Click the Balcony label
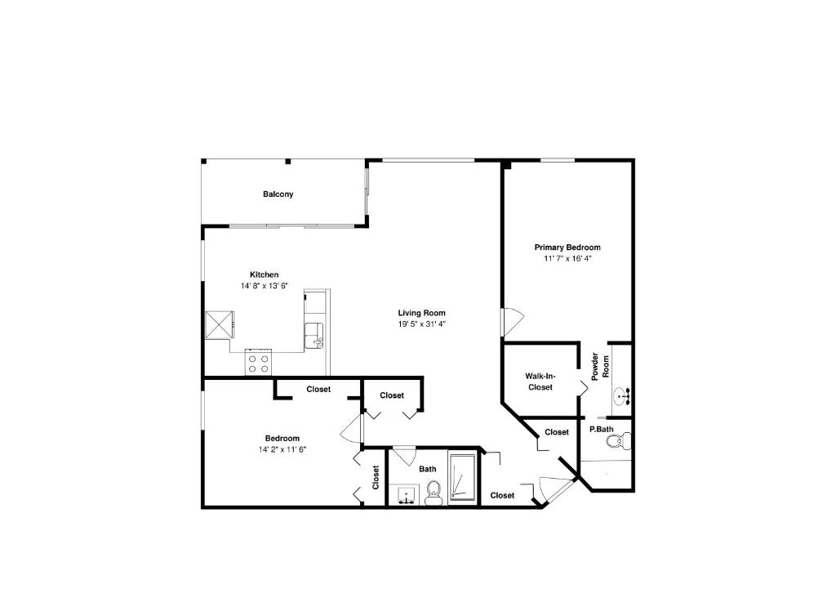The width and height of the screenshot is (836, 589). tap(278, 194)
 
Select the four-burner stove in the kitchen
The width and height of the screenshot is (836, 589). tap(259, 363)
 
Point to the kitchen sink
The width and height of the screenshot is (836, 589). tap(314, 335)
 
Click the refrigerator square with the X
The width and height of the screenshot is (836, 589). tap(219, 324)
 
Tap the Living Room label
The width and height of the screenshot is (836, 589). tap(421, 313)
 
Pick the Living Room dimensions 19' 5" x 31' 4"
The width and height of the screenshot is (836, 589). tap(421, 324)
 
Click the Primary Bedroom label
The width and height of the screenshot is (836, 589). tap(567, 248)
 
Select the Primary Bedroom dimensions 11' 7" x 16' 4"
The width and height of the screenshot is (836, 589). tap(567, 259)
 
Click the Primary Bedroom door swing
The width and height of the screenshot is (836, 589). tap(511, 321)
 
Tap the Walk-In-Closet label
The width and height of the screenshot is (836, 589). tap(540, 382)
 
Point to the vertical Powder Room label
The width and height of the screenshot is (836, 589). tap(600, 365)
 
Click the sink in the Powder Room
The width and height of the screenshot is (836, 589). tap(625, 397)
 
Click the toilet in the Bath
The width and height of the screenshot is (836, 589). tap(434, 491)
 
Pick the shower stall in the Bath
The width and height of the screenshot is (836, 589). tap(462, 477)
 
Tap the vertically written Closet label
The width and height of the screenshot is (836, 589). tap(376, 477)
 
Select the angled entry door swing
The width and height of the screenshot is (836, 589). tap(557, 489)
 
